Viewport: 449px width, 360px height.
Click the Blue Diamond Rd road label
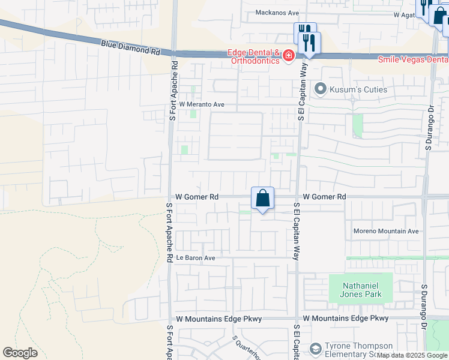tap(131, 48)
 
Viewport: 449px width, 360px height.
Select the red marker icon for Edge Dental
tap(289, 56)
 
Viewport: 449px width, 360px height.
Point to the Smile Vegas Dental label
tap(413, 59)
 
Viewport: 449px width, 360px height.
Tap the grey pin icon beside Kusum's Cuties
tap(321, 89)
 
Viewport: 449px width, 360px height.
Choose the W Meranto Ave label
tap(202, 104)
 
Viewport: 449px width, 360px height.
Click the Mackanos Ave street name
tap(277, 12)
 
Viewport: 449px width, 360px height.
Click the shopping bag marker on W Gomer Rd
tap(262, 198)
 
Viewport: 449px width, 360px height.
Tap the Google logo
tap(20, 353)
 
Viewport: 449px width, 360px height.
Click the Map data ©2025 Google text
tap(412, 356)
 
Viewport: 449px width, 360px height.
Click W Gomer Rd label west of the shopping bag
tap(197, 197)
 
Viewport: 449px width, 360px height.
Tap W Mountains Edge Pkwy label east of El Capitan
tap(346, 319)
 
